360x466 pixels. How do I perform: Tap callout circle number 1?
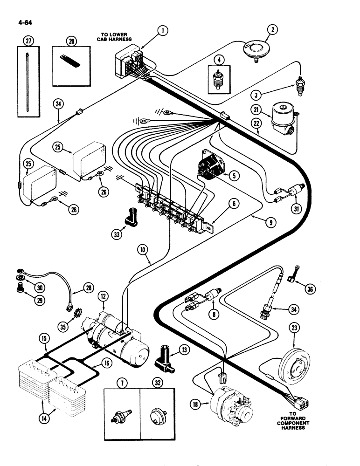pyautogui.click(x=162, y=31)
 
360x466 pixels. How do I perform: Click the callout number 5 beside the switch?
pyautogui.click(x=233, y=176)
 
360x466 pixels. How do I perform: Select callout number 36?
pyautogui.click(x=310, y=289)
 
